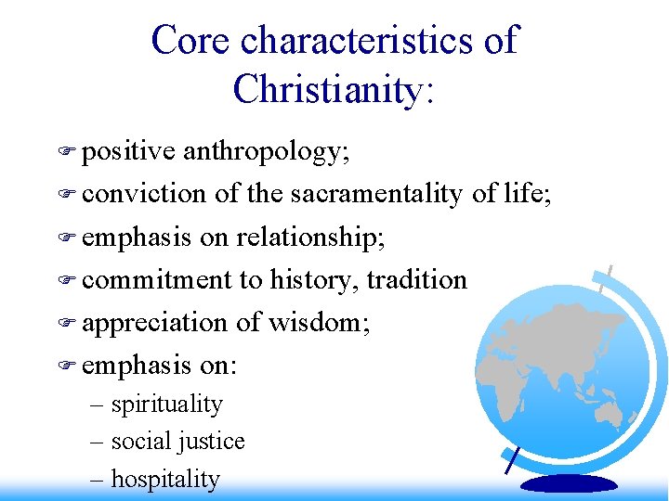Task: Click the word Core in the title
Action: pyautogui.click(x=190, y=41)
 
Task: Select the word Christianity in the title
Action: pyautogui.click(x=328, y=89)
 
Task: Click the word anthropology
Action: pyautogui.click(x=266, y=151)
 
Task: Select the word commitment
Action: pyautogui.click(x=157, y=279)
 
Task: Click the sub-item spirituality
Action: pyautogui.click(x=166, y=405)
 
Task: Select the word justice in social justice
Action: pyautogui.click(x=214, y=442)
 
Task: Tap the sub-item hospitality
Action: pyautogui.click(x=165, y=480)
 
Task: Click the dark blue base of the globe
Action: pyautogui.click(x=569, y=483)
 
